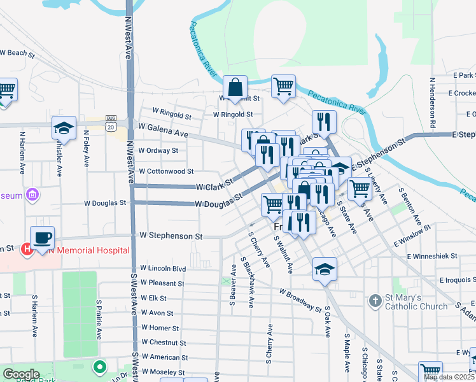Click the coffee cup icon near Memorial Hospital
point(42,238)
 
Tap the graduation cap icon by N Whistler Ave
point(64,129)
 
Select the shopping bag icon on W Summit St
point(235,87)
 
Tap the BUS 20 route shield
point(111,122)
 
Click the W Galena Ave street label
point(163,131)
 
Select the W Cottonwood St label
point(166,171)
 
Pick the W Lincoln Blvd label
point(163,268)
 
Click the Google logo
point(21,374)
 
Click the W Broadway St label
point(300,301)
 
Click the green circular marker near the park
point(99,367)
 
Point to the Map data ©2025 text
point(449,377)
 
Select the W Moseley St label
point(163,372)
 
